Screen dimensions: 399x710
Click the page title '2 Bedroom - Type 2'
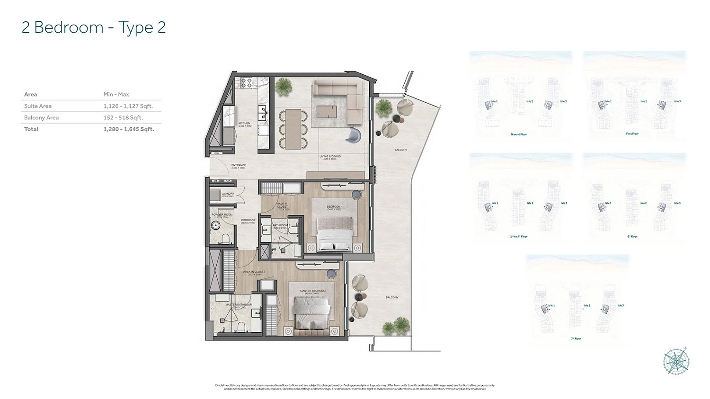(94, 27)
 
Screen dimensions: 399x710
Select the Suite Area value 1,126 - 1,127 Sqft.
(128, 106)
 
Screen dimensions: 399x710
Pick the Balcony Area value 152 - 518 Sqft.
(123, 117)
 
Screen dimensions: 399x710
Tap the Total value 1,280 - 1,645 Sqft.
(129, 129)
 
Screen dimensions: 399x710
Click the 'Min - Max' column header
(116, 94)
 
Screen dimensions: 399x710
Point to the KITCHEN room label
(244, 124)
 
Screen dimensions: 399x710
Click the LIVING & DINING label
(330, 157)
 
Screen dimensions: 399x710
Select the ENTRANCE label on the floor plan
(239, 166)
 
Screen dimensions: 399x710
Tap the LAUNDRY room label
(228, 194)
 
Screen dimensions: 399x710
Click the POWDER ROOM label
(222, 215)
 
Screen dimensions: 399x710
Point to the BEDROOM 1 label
(334, 207)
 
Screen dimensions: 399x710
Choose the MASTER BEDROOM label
(313, 291)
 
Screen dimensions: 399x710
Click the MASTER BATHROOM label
(238, 305)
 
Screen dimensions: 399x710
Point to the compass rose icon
(676, 362)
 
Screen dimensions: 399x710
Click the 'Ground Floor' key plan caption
(519, 134)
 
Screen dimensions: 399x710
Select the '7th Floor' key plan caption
(576, 339)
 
